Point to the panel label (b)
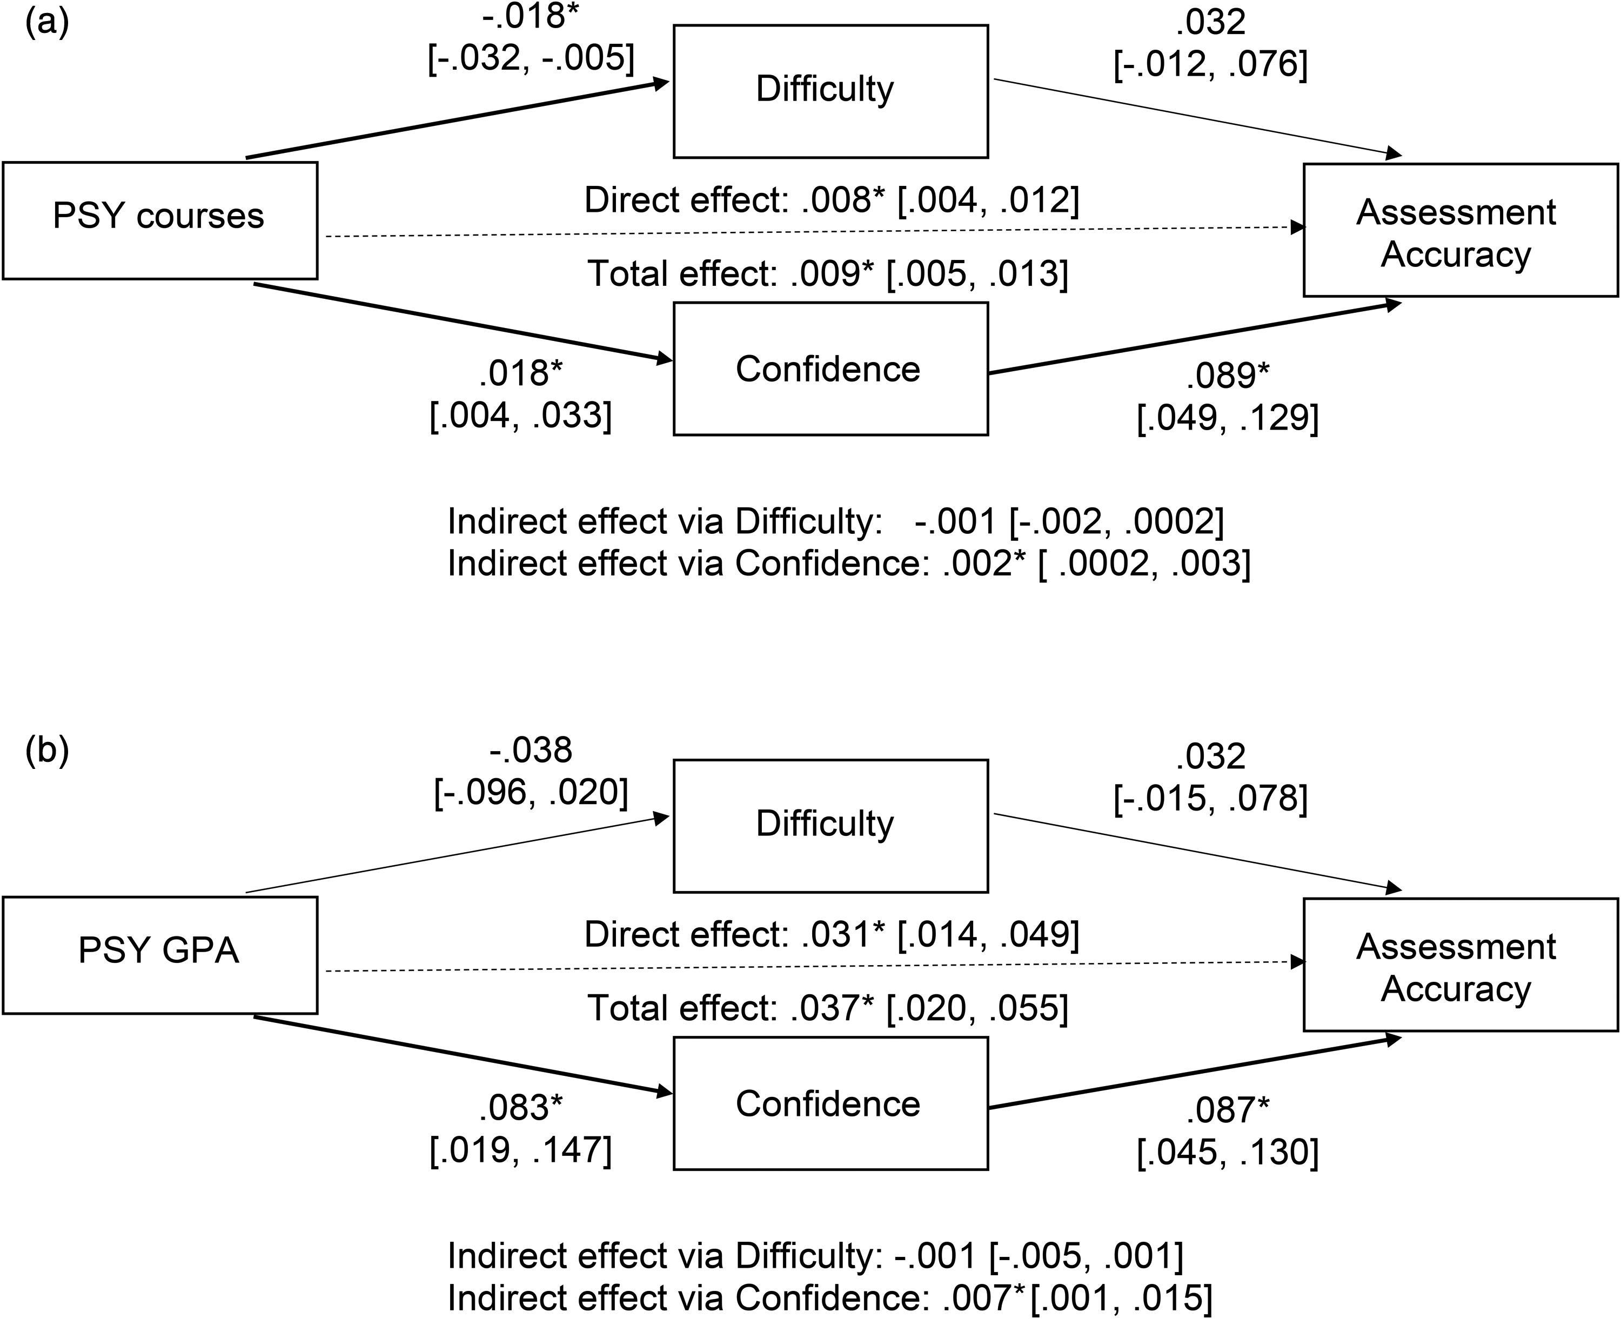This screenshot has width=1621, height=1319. pos(47,750)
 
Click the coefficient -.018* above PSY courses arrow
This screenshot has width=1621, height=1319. pos(524,17)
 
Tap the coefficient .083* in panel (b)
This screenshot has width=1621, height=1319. pos(520,1109)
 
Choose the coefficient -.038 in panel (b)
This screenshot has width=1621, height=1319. pos(530,751)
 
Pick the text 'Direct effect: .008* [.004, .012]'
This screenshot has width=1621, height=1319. pos(831,200)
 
